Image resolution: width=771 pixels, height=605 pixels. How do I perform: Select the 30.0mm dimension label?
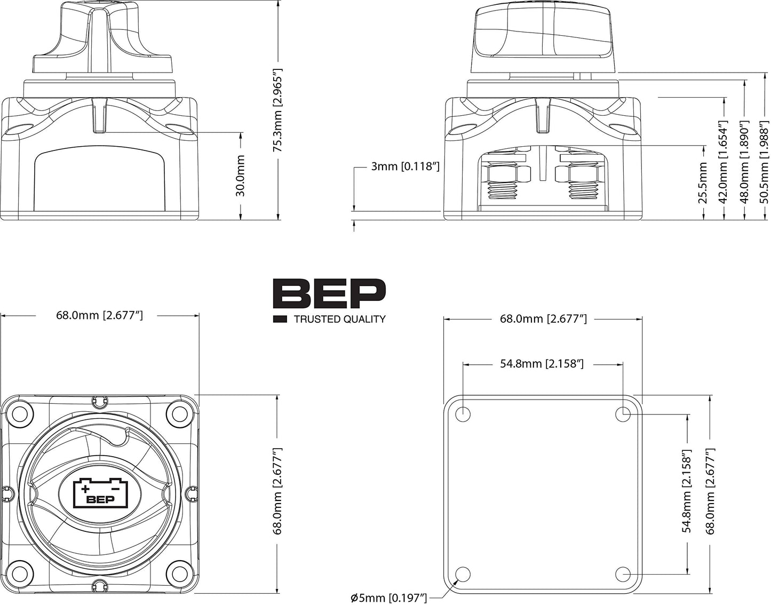pyautogui.click(x=241, y=176)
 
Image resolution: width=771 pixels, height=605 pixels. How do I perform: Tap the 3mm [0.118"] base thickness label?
pyautogui.click(x=406, y=166)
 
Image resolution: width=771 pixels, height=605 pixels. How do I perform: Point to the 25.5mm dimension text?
pyautogui.click(x=703, y=183)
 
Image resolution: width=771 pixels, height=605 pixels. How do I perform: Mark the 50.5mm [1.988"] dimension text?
pyautogui.click(x=764, y=162)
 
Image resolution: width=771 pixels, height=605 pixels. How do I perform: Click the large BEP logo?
pyautogui.click(x=329, y=293)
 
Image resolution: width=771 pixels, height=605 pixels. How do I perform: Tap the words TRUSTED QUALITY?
pyautogui.click(x=339, y=319)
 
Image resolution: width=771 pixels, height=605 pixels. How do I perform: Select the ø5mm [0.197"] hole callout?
pyautogui.click(x=389, y=598)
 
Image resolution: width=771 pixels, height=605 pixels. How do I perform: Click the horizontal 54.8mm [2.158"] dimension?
pyautogui.click(x=542, y=364)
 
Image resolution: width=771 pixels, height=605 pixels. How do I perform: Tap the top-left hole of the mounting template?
pyautogui.click(x=463, y=414)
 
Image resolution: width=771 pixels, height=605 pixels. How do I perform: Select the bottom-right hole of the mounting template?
pyautogui.click(x=622, y=574)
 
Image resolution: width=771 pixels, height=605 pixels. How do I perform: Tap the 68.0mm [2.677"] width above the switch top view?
pyautogui.click(x=99, y=315)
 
